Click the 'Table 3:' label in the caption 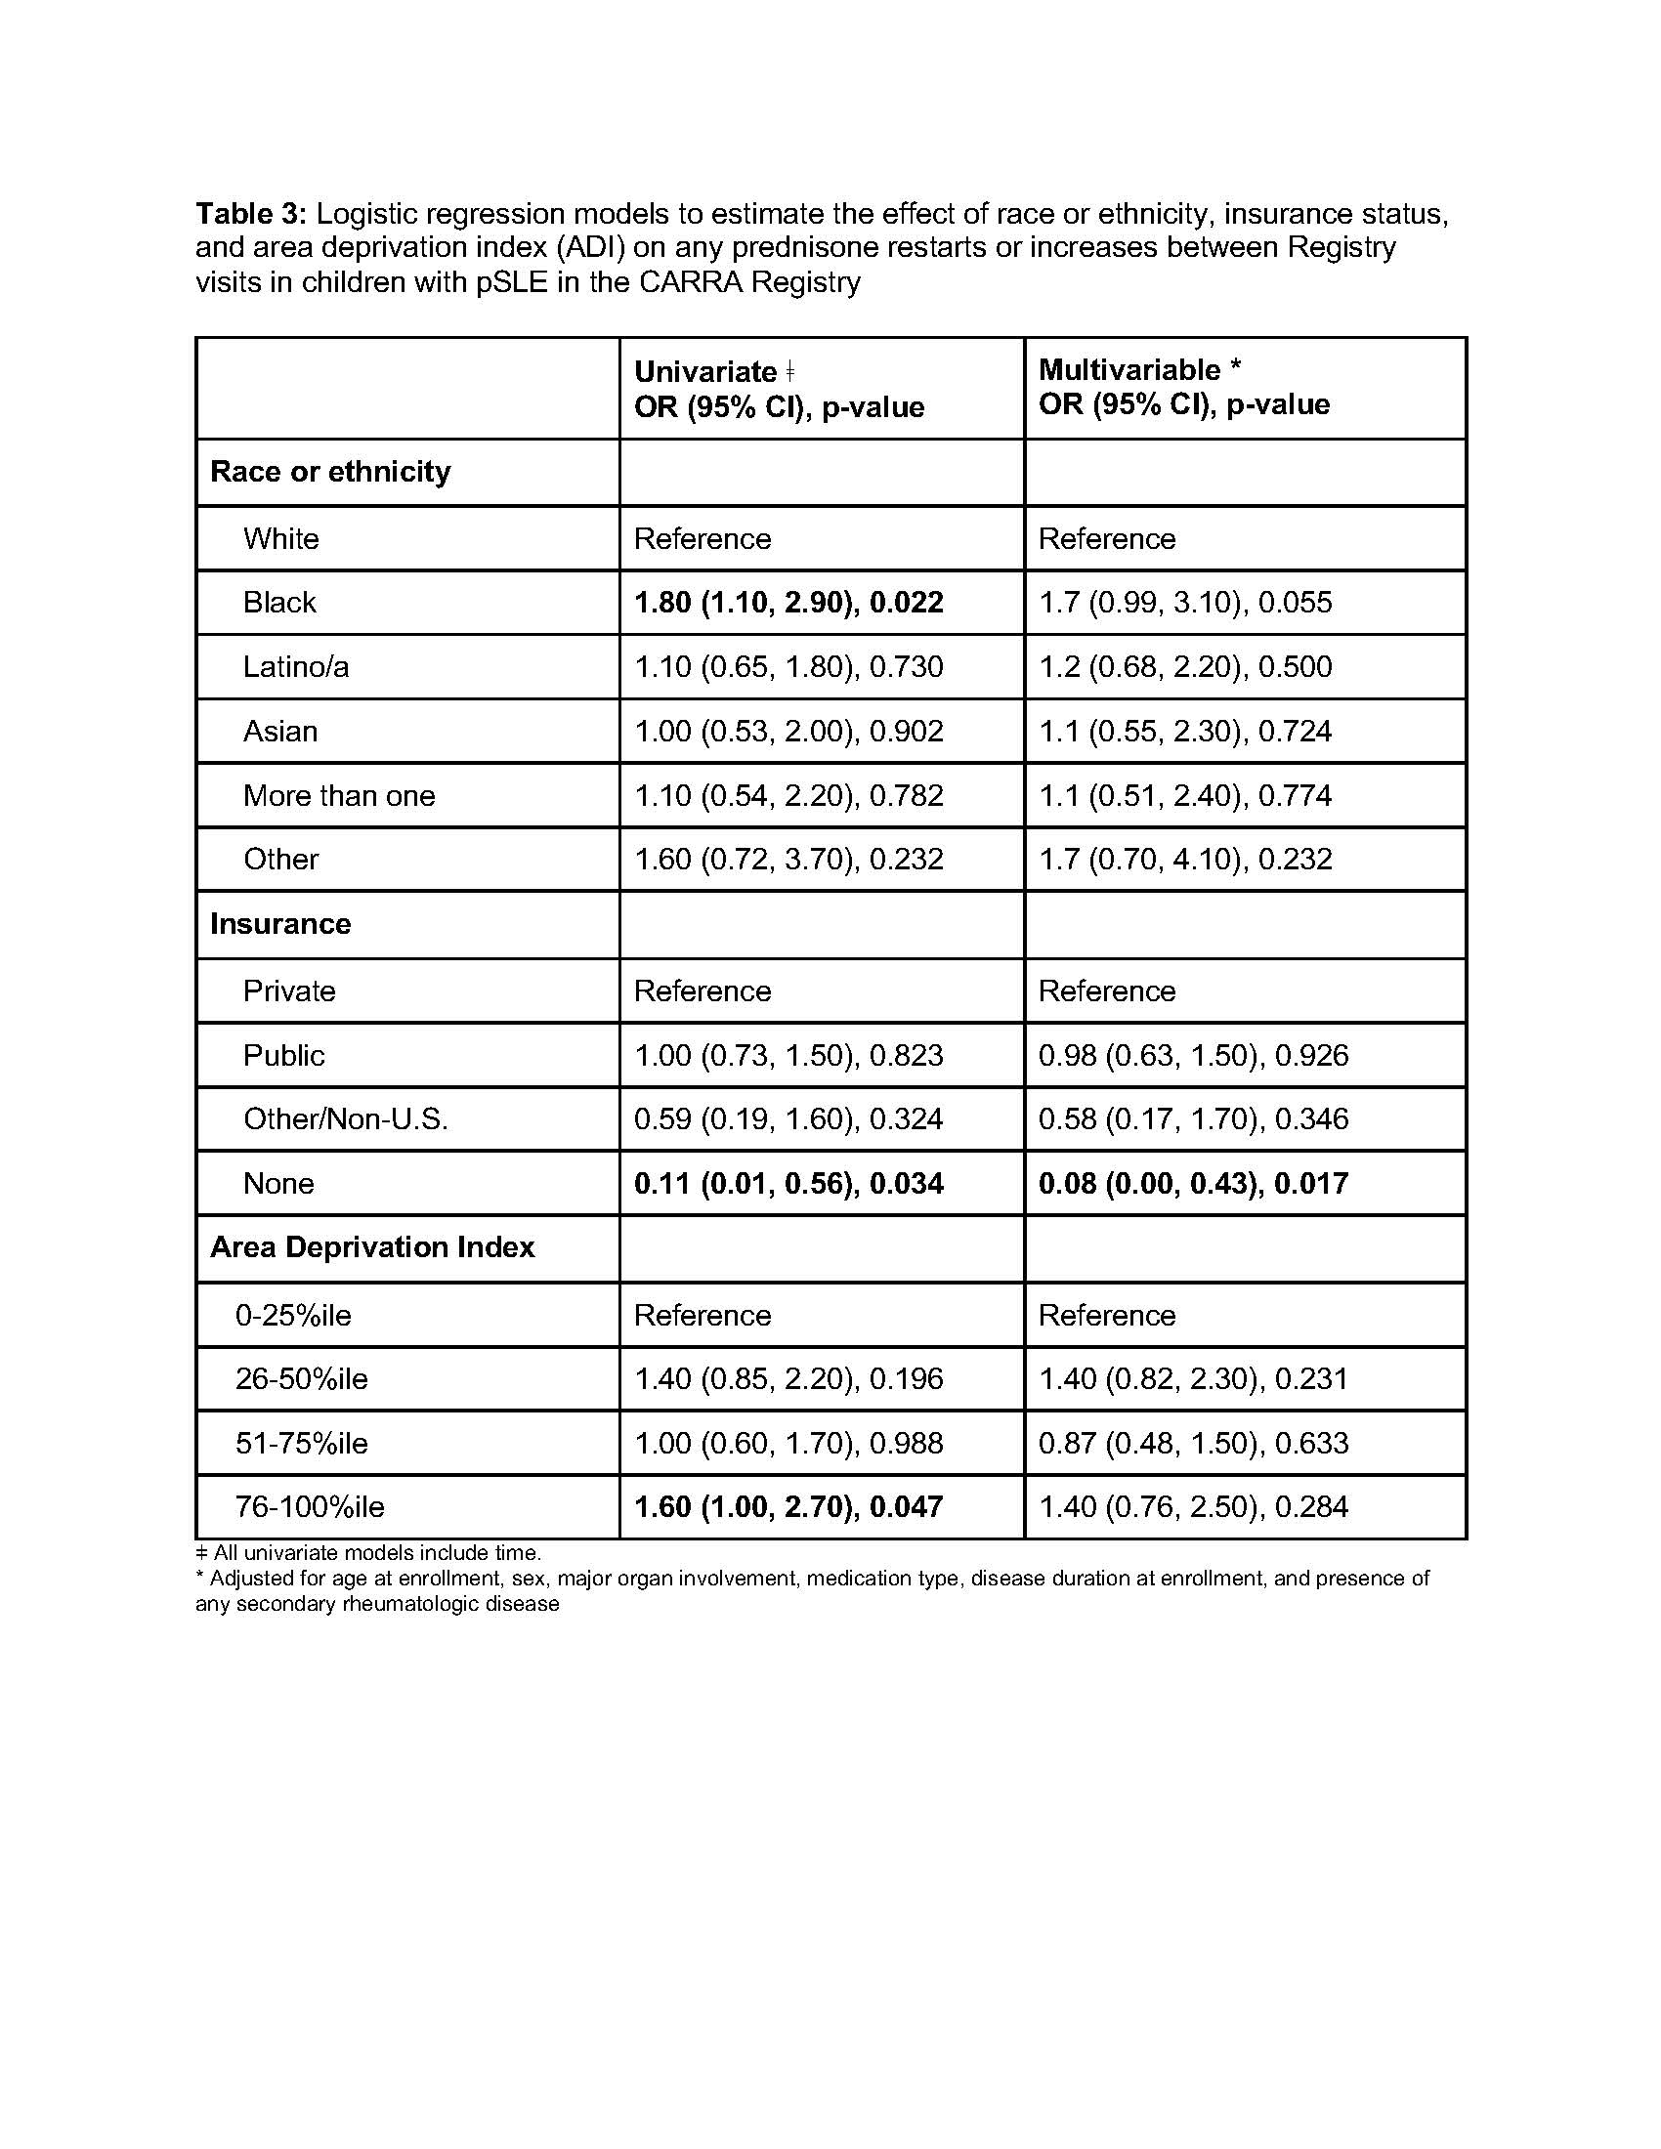252,213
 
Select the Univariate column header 779,389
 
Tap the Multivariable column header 1184,387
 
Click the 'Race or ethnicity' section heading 329,472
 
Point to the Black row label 279,602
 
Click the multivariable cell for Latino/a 1185,667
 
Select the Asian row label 280,731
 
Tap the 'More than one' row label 338,795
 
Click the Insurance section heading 280,924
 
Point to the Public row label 283,1055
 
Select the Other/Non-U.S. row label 345,1118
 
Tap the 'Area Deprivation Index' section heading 372,1247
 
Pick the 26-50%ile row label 301,1378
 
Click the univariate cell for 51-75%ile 788,1444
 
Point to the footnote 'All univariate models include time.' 369,1553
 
